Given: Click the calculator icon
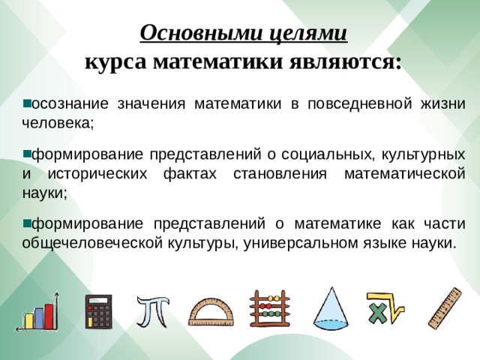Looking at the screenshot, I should pos(97,311).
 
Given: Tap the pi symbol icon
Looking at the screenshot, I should pos(152,310).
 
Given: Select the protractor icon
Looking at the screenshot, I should pos(210,311).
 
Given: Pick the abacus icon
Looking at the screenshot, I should pos(267,310).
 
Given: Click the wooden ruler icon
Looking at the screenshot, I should pos(444,308).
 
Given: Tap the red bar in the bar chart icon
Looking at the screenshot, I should pos(49,315).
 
